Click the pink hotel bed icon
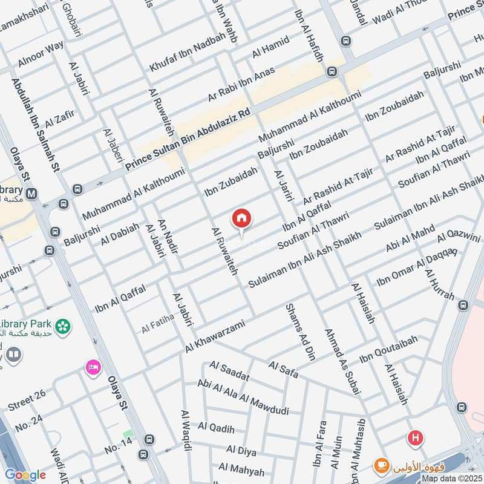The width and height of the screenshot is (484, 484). (x=93, y=367)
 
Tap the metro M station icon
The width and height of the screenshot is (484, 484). (x=31, y=194)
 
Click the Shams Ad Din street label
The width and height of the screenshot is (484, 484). (x=301, y=332)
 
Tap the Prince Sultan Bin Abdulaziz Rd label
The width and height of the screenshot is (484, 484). (x=188, y=138)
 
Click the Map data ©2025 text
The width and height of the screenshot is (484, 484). (x=452, y=478)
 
